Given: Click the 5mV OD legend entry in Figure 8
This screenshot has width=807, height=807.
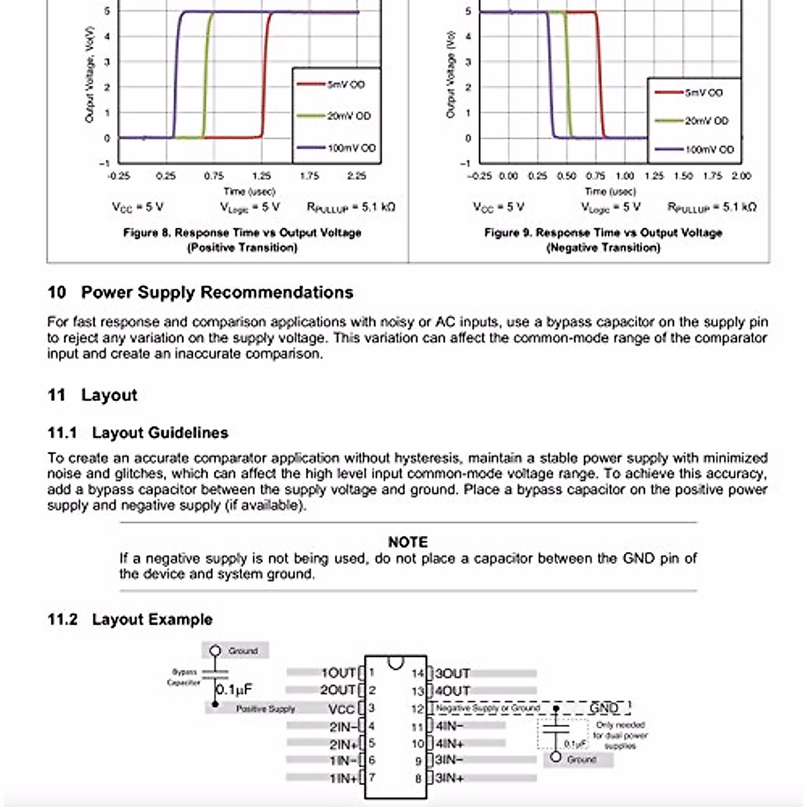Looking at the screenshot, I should (346, 85).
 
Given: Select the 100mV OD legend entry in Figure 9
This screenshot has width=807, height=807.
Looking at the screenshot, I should (709, 149).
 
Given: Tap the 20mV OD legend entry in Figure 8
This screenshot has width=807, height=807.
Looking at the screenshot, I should (348, 116).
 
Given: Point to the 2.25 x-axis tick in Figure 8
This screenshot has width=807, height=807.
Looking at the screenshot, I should (356, 176).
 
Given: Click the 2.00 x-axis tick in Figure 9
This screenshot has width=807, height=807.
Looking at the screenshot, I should (740, 176).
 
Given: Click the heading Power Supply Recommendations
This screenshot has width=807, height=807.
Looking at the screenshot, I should (217, 293).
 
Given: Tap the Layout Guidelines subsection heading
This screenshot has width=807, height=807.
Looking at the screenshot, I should (160, 432).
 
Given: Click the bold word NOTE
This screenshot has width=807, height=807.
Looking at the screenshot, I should (408, 542).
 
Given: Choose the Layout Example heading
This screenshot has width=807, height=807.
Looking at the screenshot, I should (152, 619).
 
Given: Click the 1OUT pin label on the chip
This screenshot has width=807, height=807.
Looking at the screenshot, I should (338, 672).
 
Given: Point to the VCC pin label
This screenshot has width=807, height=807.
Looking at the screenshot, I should (341, 709).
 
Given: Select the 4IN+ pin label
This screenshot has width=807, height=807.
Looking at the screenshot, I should (450, 744).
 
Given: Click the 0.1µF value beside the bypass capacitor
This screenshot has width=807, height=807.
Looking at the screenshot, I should (234, 689).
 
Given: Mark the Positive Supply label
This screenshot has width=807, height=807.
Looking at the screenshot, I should (266, 709).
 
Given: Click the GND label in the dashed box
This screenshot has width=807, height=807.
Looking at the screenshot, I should (604, 708).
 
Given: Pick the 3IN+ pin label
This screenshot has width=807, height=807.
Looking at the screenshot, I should (450, 779).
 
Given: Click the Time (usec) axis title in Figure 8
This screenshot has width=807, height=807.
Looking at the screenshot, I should (249, 192).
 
